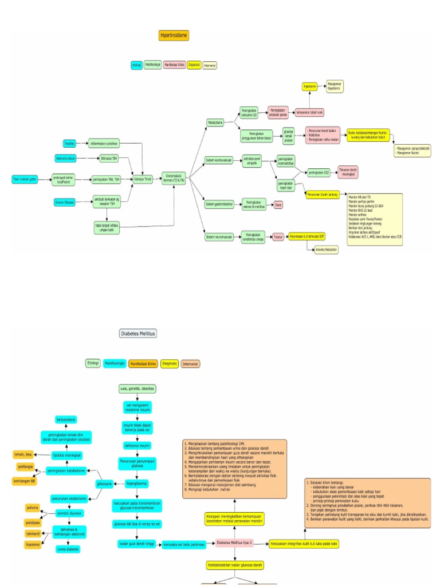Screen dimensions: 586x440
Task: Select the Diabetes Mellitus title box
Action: [137, 333]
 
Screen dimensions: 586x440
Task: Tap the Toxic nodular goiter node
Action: [25, 179]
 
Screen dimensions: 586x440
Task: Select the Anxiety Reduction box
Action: [327, 250]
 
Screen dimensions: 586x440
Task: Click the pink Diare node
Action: [278, 205]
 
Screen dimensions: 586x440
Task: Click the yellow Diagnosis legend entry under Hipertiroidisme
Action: [194, 65]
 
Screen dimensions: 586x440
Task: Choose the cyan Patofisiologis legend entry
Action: [115, 363]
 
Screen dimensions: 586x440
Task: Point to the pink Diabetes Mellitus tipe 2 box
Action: [235, 543]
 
